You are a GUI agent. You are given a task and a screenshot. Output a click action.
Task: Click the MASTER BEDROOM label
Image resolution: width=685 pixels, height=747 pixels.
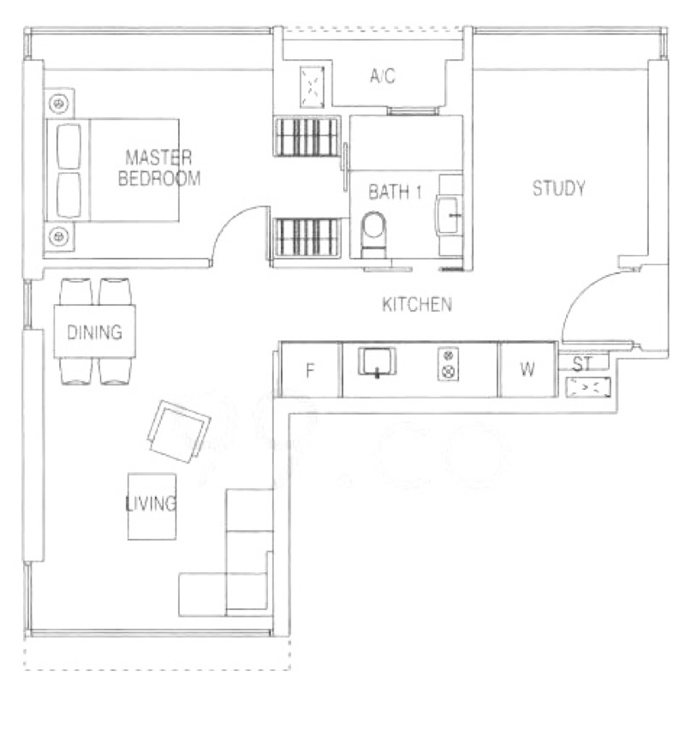coord(159,168)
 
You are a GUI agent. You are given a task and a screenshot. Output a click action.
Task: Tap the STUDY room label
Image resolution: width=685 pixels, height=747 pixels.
coord(559,188)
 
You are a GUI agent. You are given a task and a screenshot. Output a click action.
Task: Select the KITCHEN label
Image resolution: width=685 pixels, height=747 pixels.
coord(417,304)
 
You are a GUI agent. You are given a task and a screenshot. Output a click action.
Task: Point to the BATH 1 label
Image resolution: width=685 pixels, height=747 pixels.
coord(395,192)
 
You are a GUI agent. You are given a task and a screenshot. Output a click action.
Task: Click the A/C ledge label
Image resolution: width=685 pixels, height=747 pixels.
coord(383,75)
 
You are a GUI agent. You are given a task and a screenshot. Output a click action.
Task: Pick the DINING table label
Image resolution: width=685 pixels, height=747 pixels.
coord(95,332)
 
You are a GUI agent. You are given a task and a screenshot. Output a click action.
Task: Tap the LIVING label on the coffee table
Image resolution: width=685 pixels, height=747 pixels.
coord(151,504)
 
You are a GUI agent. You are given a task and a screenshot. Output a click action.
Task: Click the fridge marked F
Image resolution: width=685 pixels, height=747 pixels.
coord(310,370)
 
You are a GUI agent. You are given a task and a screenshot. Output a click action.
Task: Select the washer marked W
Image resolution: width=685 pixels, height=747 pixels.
coord(527,369)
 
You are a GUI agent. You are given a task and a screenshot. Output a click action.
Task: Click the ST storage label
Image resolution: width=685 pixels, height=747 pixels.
coord(581,364)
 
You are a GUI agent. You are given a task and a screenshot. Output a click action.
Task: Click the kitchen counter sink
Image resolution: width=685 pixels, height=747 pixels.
coord(377,362)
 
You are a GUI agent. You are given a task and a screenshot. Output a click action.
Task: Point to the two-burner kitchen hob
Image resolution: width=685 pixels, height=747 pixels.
coord(448,364)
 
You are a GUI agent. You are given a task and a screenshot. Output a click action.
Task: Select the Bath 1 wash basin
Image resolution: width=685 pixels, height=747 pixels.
coord(449,215)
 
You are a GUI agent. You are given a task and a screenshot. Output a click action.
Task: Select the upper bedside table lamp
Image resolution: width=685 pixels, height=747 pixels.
coord(58,104)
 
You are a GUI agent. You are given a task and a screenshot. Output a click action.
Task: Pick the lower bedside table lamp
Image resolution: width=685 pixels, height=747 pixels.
coord(59,236)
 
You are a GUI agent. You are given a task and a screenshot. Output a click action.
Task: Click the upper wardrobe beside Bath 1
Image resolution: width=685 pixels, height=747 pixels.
coord(307,136)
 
